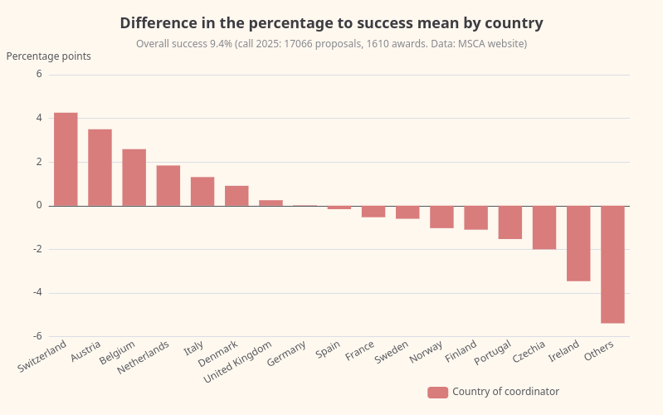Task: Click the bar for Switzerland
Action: [x=66, y=159]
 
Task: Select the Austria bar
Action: [x=100, y=168]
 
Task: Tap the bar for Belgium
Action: [x=134, y=178]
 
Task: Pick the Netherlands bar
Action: [x=168, y=186]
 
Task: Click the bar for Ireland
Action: [x=578, y=243]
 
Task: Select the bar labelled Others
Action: [x=612, y=264]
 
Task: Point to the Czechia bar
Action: [x=544, y=227]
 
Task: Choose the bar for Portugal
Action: [x=510, y=222]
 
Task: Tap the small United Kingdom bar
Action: [x=271, y=203]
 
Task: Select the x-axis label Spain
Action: [x=329, y=349]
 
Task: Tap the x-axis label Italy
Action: [x=194, y=347]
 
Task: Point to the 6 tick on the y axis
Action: [x=38, y=75]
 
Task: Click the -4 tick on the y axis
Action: [x=37, y=293]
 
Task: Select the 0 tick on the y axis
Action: [x=38, y=206]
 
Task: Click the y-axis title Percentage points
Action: [x=49, y=56]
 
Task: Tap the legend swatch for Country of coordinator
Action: [x=437, y=393]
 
